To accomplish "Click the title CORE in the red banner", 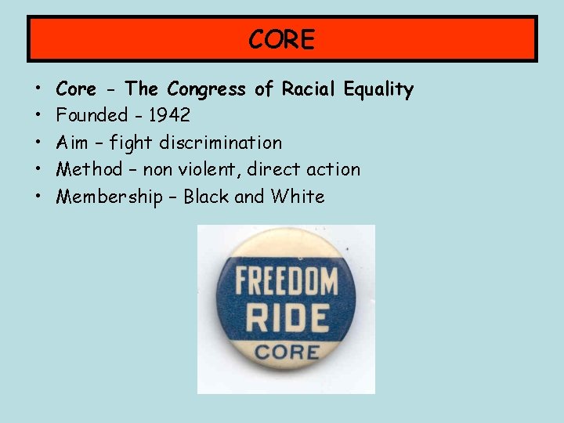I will click(282, 39).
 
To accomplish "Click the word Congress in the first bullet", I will click(208, 89).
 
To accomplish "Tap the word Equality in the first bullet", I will click(378, 89).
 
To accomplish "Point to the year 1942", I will click(168, 116).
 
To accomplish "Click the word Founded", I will click(92, 116).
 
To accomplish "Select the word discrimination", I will click(220, 143).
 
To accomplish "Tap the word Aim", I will click(72, 143).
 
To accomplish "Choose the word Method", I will click(89, 169).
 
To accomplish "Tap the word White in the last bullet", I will click(298, 196).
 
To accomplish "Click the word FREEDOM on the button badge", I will click(286, 280).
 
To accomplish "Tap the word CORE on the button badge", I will click(286, 352).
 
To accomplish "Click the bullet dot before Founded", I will click(38, 117).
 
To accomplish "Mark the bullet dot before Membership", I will click(38, 197).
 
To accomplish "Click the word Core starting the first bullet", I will click(76, 89).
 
